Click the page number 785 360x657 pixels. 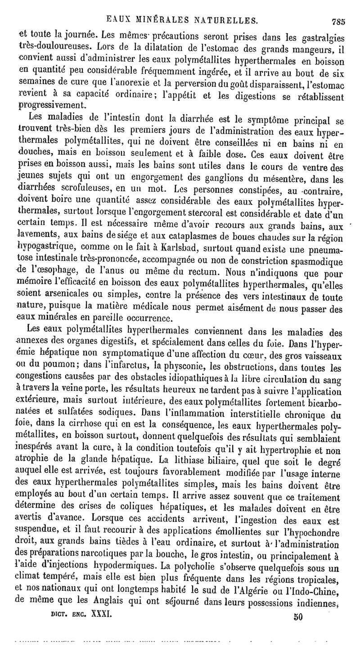coord(338,20)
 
